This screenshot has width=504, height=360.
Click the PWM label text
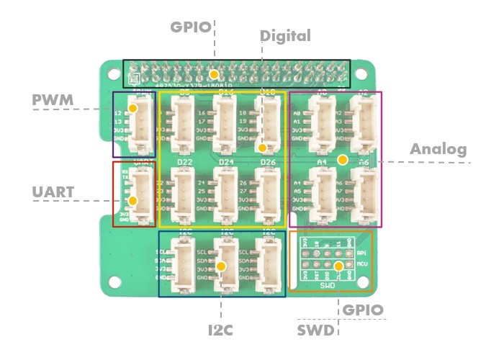pyautogui.click(x=53, y=99)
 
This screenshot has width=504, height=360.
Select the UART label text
pyautogui.click(x=53, y=192)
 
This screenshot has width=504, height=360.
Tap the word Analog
pyautogui.click(x=438, y=150)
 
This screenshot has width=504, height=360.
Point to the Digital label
pyautogui.click(x=285, y=35)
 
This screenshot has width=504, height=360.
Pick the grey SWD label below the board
pyautogui.click(x=315, y=330)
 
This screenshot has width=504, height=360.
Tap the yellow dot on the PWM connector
pyautogui.click(x=133, y=108)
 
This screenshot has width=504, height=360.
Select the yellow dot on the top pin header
pyautogui.click(x=214, y=75)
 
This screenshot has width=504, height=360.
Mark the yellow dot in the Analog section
pyautogui.click(x=343, y=158)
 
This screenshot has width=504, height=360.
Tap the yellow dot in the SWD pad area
pyautogui.click(x=338, y=266)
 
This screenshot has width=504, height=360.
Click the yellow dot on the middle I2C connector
pyautogui.click(x=222, y=266)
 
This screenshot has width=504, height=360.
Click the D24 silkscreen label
pyautogui.click(x=226, y=162)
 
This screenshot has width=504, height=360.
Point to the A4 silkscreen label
pyautogui.click(x=322, y=163)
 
